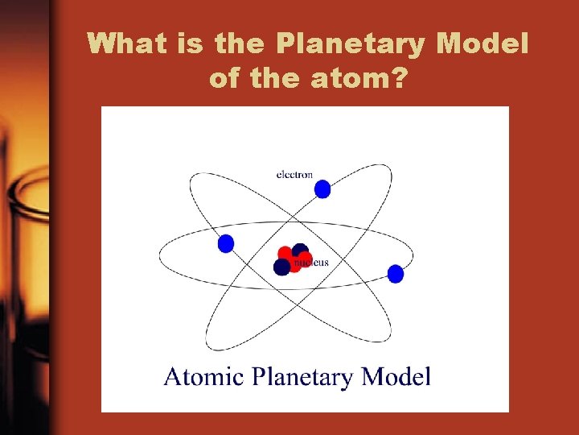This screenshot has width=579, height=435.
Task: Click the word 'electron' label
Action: (x=294, y=174)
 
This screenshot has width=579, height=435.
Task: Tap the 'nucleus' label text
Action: (x=311, y=263)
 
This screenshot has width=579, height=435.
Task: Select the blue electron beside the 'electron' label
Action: (x=322, y=189)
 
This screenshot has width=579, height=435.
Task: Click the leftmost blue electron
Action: (x=226, y=243)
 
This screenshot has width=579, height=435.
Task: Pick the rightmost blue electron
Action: (x=395, y=274)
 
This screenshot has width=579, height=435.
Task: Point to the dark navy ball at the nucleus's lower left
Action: (x=281, y=267)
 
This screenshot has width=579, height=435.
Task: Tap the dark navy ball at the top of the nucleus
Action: (x=300, y=251)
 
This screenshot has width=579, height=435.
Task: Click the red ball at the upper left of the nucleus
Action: (x=285, y=254)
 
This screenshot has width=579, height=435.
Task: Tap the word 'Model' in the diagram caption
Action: (x=396, y=376)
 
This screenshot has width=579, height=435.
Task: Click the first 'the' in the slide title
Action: (x=243, y=43)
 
